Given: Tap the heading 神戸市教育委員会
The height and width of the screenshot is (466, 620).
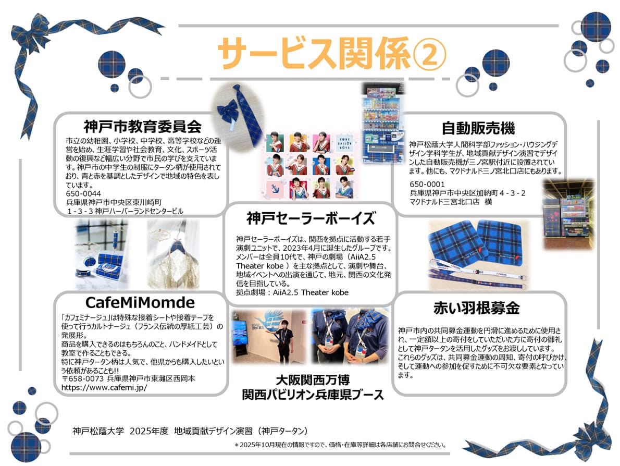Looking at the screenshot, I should point(142,126).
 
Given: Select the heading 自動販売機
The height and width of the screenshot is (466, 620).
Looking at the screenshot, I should point(478,127).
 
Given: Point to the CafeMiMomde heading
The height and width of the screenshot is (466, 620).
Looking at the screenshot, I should point(141,302).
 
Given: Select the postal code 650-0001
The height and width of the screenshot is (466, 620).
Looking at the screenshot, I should point(427,184).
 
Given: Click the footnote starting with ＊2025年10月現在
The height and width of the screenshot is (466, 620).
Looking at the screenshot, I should point(341,445).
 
